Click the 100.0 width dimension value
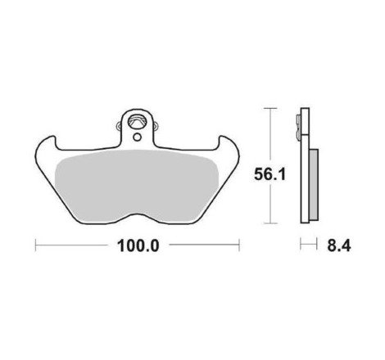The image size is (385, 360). [x=137, y=244]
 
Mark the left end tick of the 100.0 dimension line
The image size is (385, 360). [x=36, y=244]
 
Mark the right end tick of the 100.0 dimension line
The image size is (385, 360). [x=238, y=244]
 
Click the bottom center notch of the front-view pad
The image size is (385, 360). [x=137, y=214]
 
